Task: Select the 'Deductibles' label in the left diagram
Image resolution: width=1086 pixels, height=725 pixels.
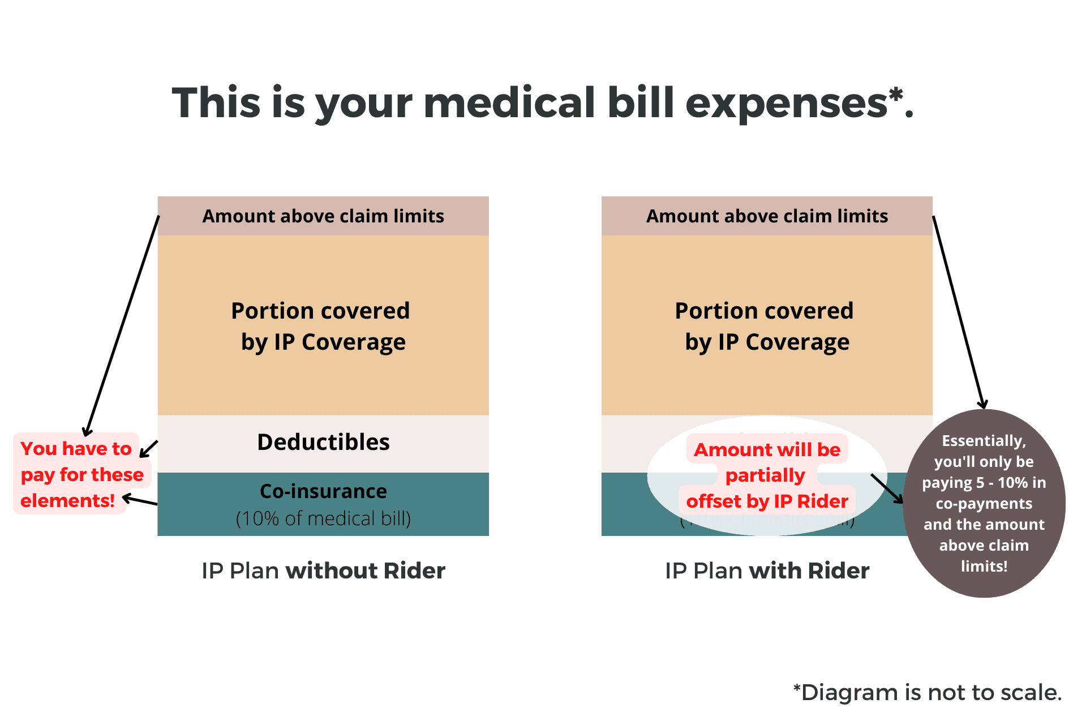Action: [323, 442]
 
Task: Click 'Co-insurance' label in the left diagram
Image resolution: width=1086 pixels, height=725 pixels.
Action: [323, 491]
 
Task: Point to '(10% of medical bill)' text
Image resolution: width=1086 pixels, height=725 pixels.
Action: [323, 518]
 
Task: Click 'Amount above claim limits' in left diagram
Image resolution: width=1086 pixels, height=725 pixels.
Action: [323, 216]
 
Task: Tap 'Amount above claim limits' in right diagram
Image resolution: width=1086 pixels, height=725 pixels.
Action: [767, 216]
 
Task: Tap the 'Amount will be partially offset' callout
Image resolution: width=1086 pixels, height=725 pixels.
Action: [767, 475]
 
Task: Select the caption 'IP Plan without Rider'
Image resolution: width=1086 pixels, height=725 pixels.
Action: [323, 570]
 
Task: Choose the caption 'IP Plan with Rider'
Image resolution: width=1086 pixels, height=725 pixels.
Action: [767, 570]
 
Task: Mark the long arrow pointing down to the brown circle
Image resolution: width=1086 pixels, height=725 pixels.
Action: [959, 311]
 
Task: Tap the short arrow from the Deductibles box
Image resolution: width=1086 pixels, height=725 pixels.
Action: [149, 449]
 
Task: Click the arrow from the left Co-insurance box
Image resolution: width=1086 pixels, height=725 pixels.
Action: [140, 500]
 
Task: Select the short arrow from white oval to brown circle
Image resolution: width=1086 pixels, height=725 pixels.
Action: [887, 488]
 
